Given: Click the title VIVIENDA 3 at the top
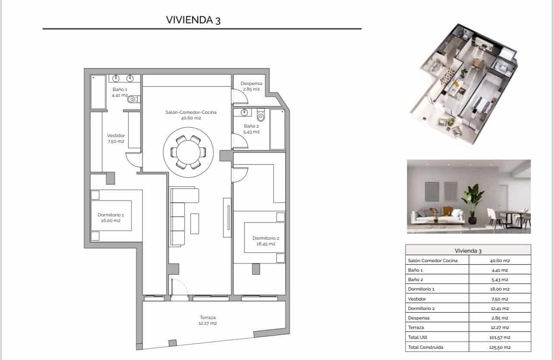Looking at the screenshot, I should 193,20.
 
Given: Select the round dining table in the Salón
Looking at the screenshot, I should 188,152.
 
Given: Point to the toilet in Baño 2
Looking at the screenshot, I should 260,116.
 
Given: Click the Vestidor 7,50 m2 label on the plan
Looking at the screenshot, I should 116,138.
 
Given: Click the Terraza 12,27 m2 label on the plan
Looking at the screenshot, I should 208,320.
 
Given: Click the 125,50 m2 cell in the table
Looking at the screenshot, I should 500,347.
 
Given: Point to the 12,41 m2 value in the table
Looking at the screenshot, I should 500,308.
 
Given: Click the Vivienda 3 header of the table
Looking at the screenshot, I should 468,250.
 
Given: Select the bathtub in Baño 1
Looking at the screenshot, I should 98,92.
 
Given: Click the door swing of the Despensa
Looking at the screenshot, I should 240,96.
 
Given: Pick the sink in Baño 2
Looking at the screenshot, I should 245,113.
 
